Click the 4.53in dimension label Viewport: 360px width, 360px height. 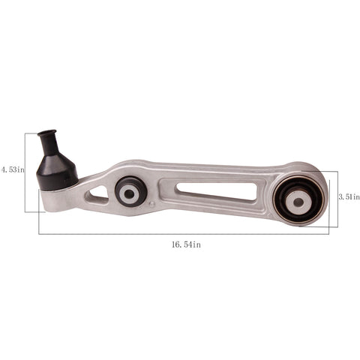pos(13,170)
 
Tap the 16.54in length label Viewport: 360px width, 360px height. pos(186,244)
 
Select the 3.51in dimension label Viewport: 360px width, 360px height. pos(349,197)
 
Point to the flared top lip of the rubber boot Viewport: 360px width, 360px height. pos(47,133)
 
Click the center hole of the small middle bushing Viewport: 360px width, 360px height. pos(129,193)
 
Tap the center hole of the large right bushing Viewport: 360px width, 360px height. pos(298,202)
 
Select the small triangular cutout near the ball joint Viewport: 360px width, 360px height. pos(98,194)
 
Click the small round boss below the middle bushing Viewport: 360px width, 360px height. pos(151,204)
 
